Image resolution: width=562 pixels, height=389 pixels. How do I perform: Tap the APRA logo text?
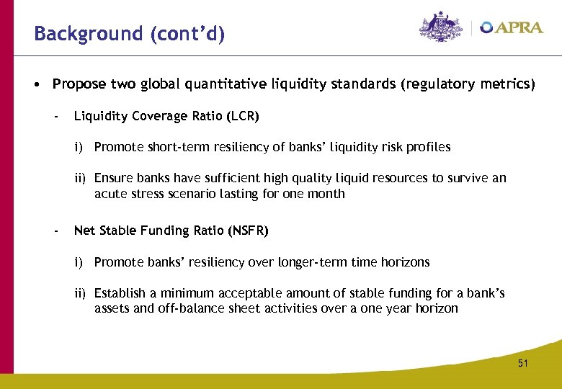tap(515, 28)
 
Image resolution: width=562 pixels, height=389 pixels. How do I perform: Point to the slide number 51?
tap(522, 364)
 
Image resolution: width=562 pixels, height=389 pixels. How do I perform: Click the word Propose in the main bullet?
tap(79, 84)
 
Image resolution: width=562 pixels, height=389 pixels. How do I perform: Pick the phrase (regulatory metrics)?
tap(468, 84)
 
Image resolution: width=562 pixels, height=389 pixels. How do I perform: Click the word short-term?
tap(171, 147)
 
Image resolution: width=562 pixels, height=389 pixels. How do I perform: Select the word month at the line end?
tap(328, 193)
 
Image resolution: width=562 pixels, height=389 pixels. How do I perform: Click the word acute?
tap(109, 193)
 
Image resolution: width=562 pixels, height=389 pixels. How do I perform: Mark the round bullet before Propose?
tap(35, 84)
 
